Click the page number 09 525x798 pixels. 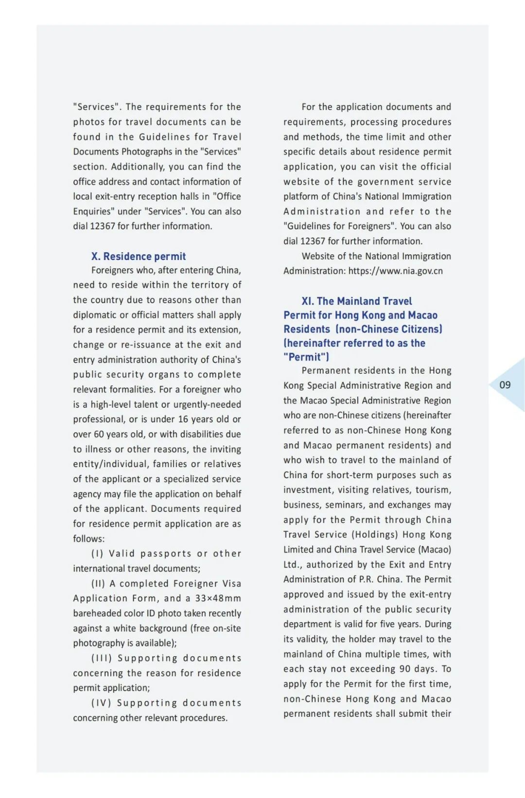[x=505, y=385]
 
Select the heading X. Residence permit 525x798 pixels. [x=139, y=256]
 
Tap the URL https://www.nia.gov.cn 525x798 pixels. [x=395, y=271]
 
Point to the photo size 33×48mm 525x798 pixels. [x=218, y=598]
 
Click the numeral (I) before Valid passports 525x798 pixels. [x=97, y=554]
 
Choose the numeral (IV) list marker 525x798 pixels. [x=101, y=703]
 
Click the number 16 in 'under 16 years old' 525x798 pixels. [x=183, y=419]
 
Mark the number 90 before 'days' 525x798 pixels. [x=405, y=669]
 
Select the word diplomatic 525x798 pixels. [x=95, y=315]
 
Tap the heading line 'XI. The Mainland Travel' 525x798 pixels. [x=356, y=301]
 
